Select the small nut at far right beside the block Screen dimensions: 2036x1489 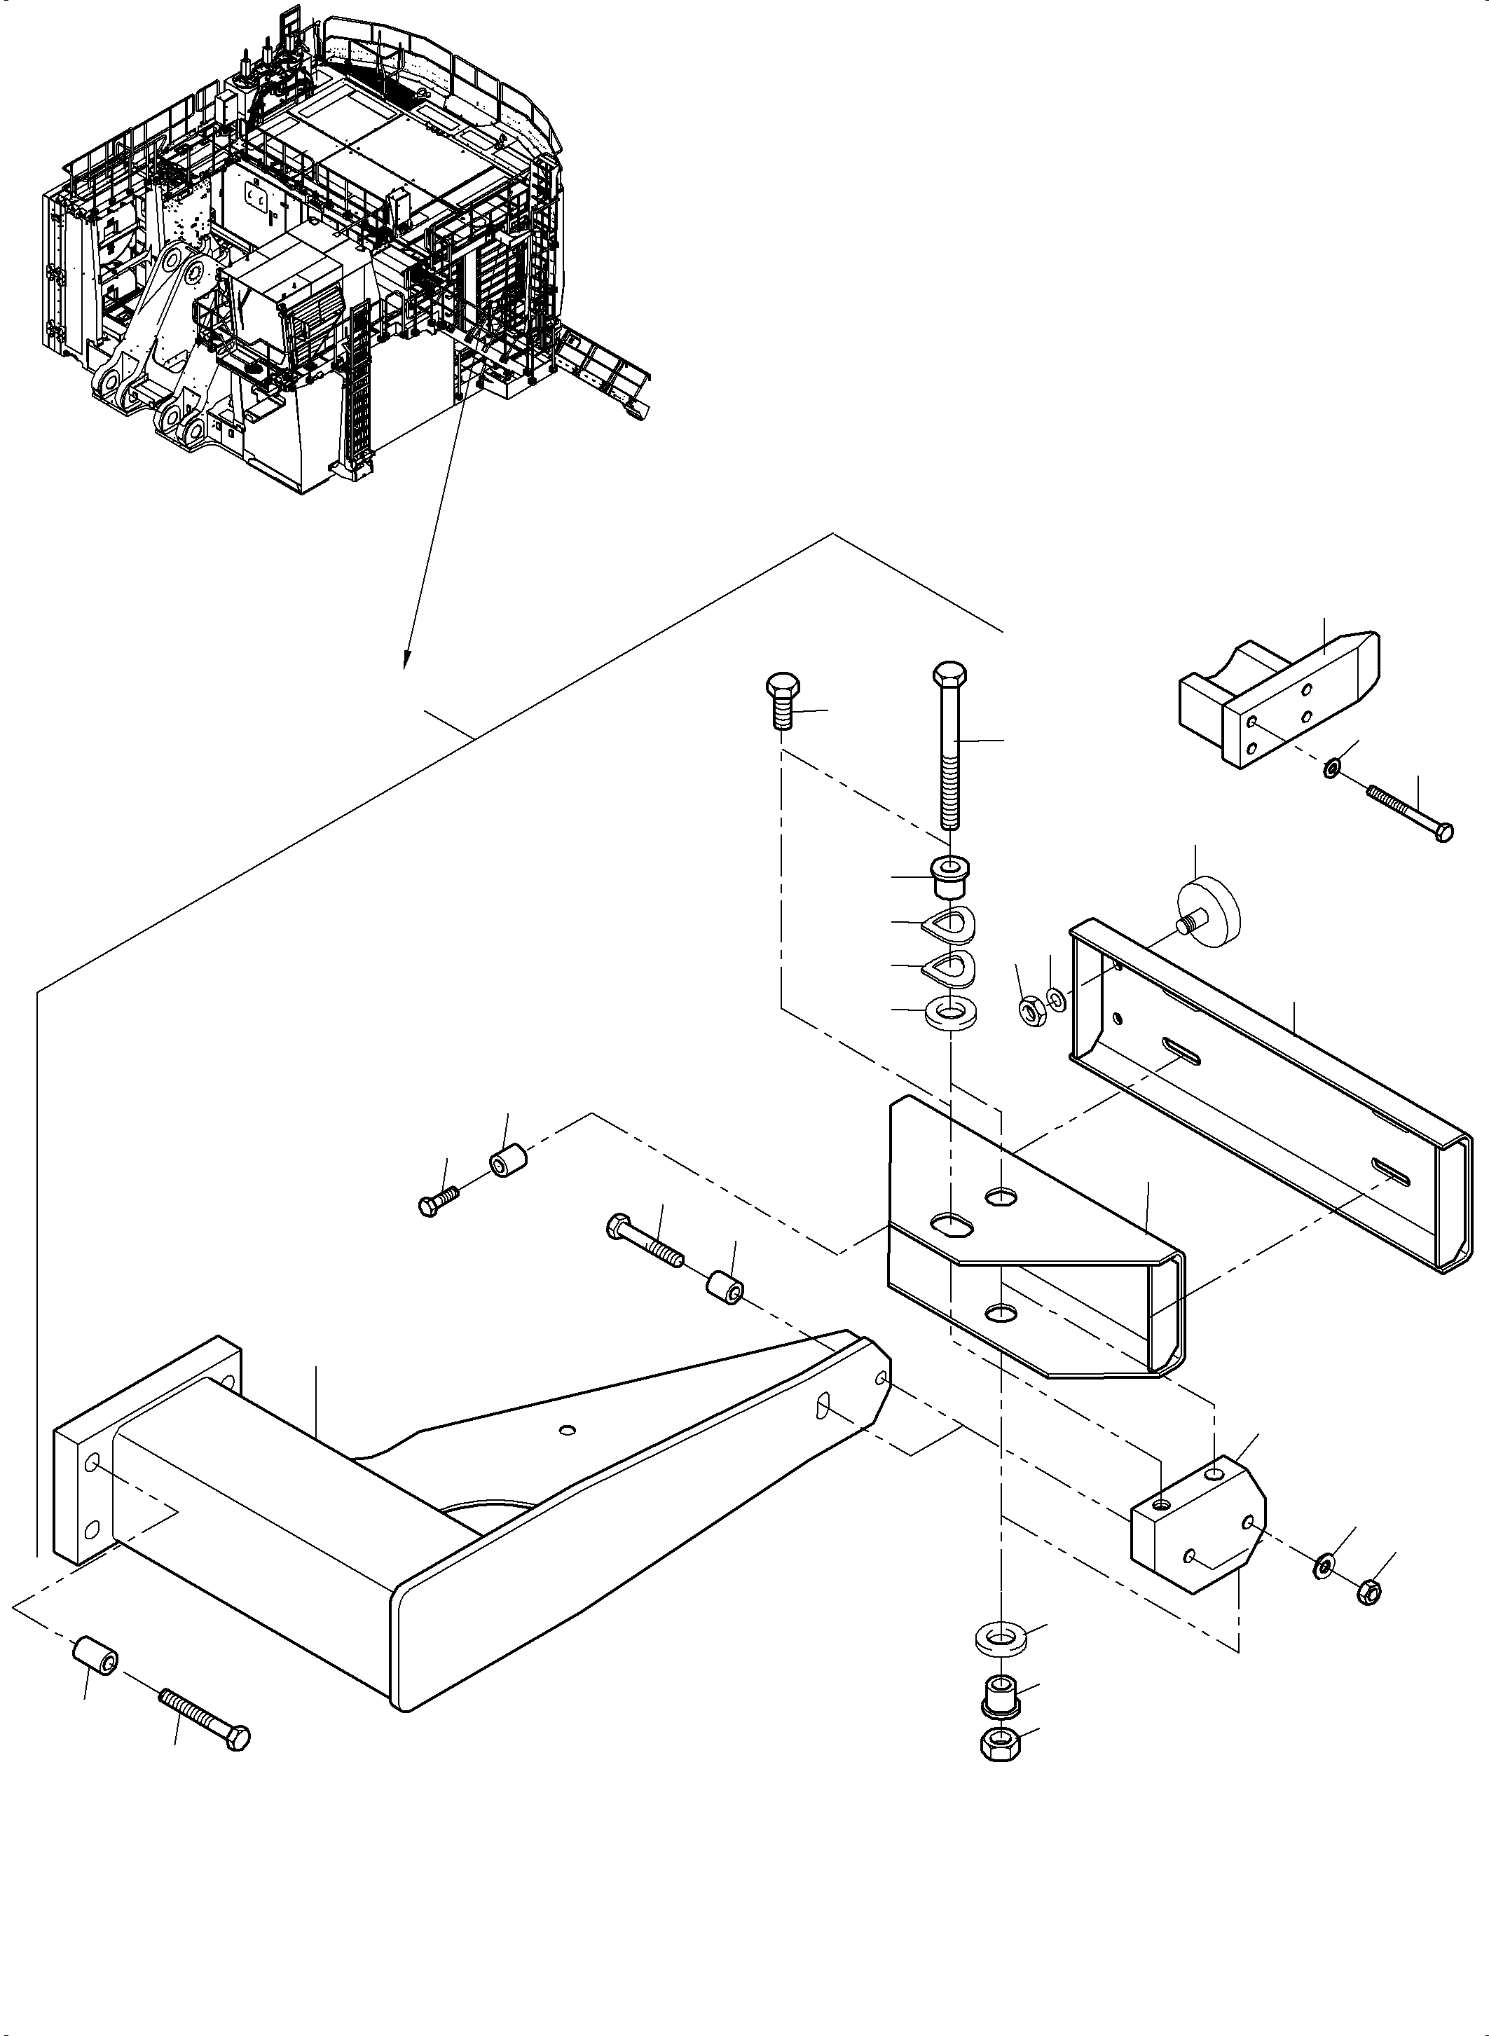[x=1367, y=1593]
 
